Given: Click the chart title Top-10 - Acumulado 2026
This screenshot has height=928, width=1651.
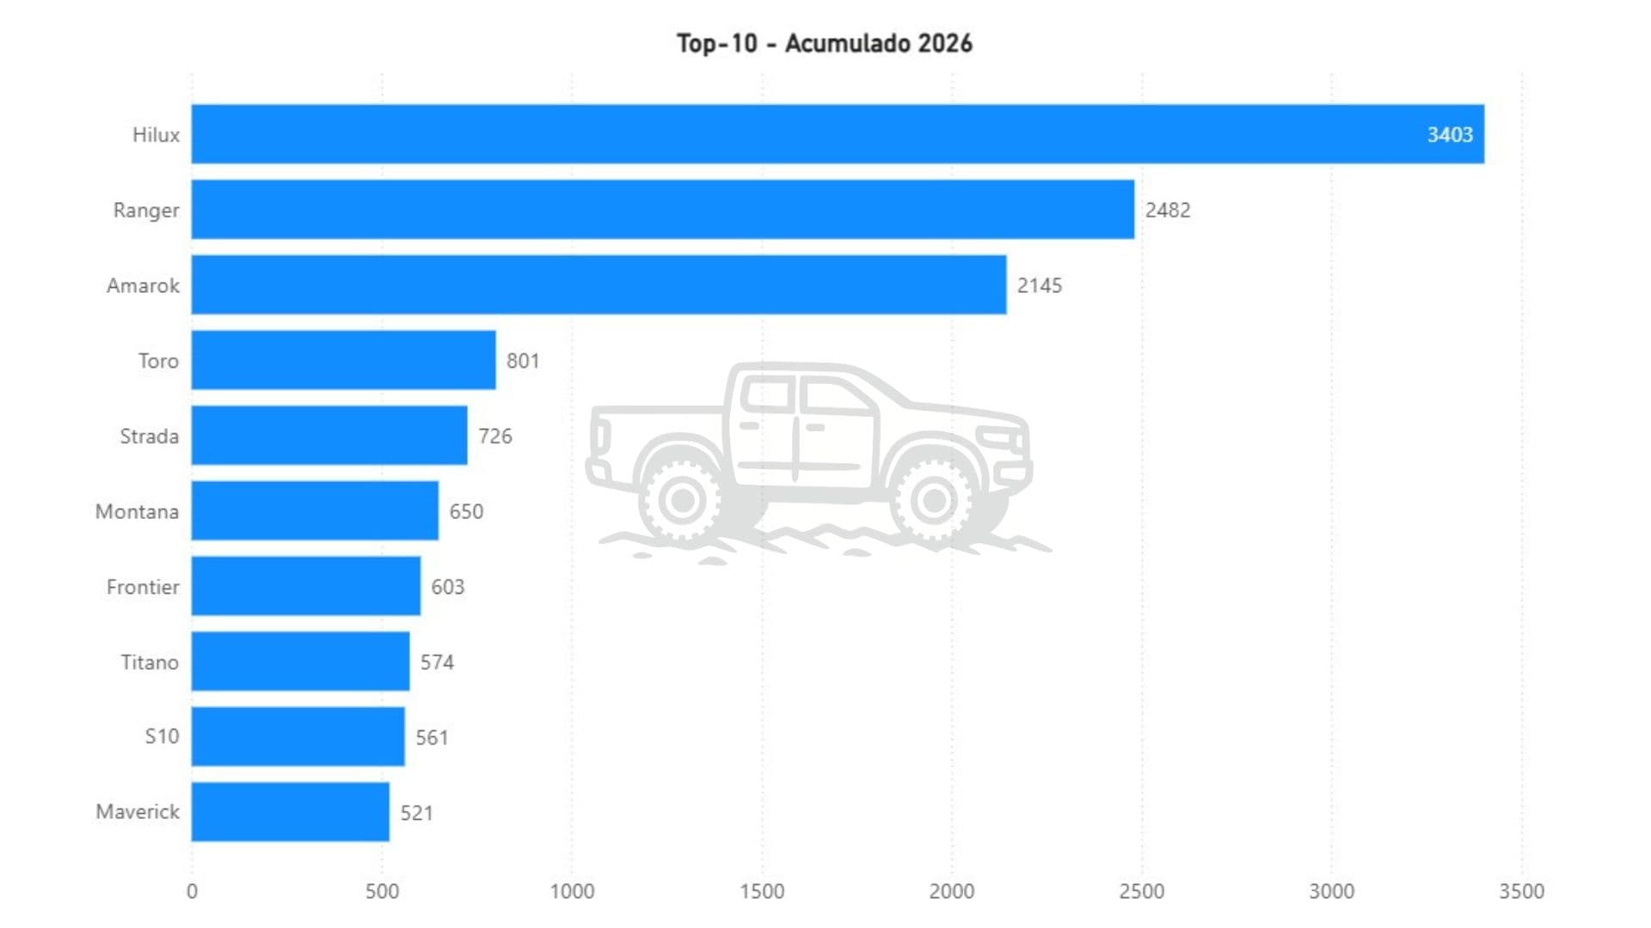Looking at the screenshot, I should pyautogui.click(x=824, y=43).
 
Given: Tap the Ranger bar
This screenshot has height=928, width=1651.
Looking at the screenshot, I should pyautogui.click(x=662, y=210).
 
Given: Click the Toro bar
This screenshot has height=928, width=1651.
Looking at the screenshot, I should pyautogui.click(x=343, y=360).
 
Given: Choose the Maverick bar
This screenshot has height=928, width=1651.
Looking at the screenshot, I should pyautogui.click(x=290, y=812).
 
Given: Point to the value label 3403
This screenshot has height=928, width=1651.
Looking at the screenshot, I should pyautogui.click(x=1449, y=135).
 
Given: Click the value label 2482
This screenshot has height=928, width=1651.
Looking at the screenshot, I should pyautogui.click(x=1167, y=211).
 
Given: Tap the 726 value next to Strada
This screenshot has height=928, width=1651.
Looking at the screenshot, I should pyautogui.click(x=494, y=437).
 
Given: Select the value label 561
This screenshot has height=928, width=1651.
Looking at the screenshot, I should pyautogui.click(x=432, y=738).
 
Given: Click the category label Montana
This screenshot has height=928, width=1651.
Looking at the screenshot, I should pyautogui.click(x=137, y=512).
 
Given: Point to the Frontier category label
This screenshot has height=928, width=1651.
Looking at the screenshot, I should pyautogui.click(x=143, y=587).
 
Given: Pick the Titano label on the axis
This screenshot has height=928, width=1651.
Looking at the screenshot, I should pyautogui.click(x=150, y=662).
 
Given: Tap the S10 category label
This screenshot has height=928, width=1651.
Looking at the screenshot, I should pyautogui.click(x=162, y=737).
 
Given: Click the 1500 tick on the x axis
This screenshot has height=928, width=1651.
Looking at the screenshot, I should pyautogui.click(x=762, y=892).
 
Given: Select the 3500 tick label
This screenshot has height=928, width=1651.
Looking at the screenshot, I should pyautogui.click(x=1521, y=892).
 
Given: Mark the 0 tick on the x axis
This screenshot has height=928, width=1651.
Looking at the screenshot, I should pyautogui.click(x=192, y=892).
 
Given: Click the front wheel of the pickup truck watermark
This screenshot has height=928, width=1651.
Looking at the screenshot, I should pyautogui.click(x=934, y=499).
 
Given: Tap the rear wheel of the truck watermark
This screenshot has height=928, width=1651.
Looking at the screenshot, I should pyautogui.click(x=683, y=499).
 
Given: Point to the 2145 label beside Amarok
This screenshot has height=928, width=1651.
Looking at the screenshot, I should pyautogui.click(x=1039, y=286).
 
